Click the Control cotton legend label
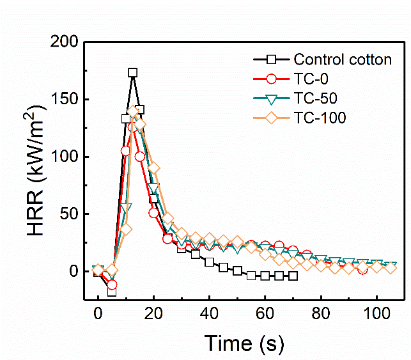point(342,60)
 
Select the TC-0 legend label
point(312,79)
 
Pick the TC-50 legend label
point(316,98)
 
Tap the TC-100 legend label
point(320,118)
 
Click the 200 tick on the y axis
point(65,42)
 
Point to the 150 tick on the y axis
point(65,100)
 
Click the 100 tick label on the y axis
point(65,157)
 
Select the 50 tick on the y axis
point(69,214)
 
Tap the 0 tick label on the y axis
point(74,272)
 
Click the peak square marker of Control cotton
point(132,73)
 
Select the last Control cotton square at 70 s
point(293,276)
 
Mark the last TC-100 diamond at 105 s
point(390,267)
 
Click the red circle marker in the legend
point(272,79)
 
